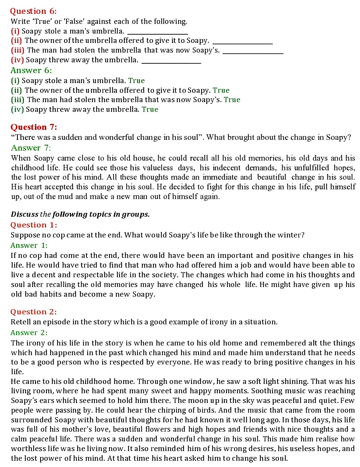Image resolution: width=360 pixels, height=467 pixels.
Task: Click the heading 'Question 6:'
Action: pyautogui.click(x=33, y=11)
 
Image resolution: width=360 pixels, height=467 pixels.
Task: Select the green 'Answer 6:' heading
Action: pyautogui.click(x=31, y=71)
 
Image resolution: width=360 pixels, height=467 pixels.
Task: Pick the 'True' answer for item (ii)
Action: pyautogui.click(x=221, y=90)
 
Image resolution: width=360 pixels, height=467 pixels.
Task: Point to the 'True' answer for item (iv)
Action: pyautogui.click(x=150, y=109)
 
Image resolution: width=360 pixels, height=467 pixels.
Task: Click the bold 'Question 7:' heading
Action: pyautogui.click(x=34, y=127)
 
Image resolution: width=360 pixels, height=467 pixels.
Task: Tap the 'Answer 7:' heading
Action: pyautogui.click(x=31, y=148)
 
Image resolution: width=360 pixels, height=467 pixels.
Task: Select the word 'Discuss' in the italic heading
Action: pyautogui.click(x=25, y=214)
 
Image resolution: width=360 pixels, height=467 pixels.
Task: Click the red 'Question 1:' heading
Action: pyautogui.click(x=34, y=225)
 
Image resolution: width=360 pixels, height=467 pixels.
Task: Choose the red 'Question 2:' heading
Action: pyautogui.click(x=34, y=312)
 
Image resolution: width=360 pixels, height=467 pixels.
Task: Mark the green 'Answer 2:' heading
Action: pyautogui.click(x=29, y=333)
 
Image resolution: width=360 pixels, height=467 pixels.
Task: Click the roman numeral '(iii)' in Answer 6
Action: pyautogui.click(x=18, y=100)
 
